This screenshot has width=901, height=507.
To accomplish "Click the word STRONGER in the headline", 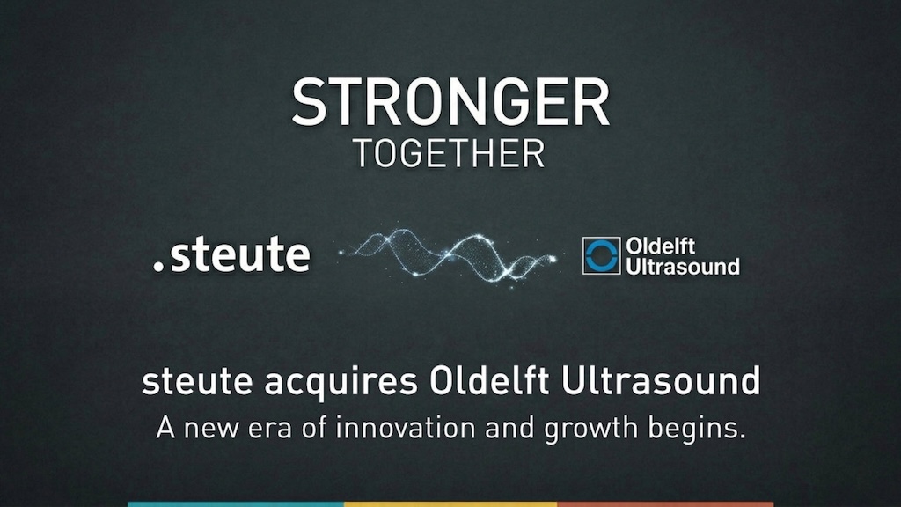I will tap(450, 101).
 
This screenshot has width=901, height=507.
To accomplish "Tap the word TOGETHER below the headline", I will tap(449, 153).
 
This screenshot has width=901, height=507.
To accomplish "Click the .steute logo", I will tap(231, 254).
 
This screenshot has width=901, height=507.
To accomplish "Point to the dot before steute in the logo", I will tap(158, 265).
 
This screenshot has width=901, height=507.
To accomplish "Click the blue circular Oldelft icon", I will tap(602, 255).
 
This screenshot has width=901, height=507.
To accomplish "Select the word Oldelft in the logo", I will tap(660, 246).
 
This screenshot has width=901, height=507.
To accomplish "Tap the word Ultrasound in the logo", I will tap(682, 265).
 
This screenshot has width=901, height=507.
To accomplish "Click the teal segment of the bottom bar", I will tap(235, 503).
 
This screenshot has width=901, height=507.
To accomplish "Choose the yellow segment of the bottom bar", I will tap(450, 503).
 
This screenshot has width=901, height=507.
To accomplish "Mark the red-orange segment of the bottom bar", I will tap(665, 503).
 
